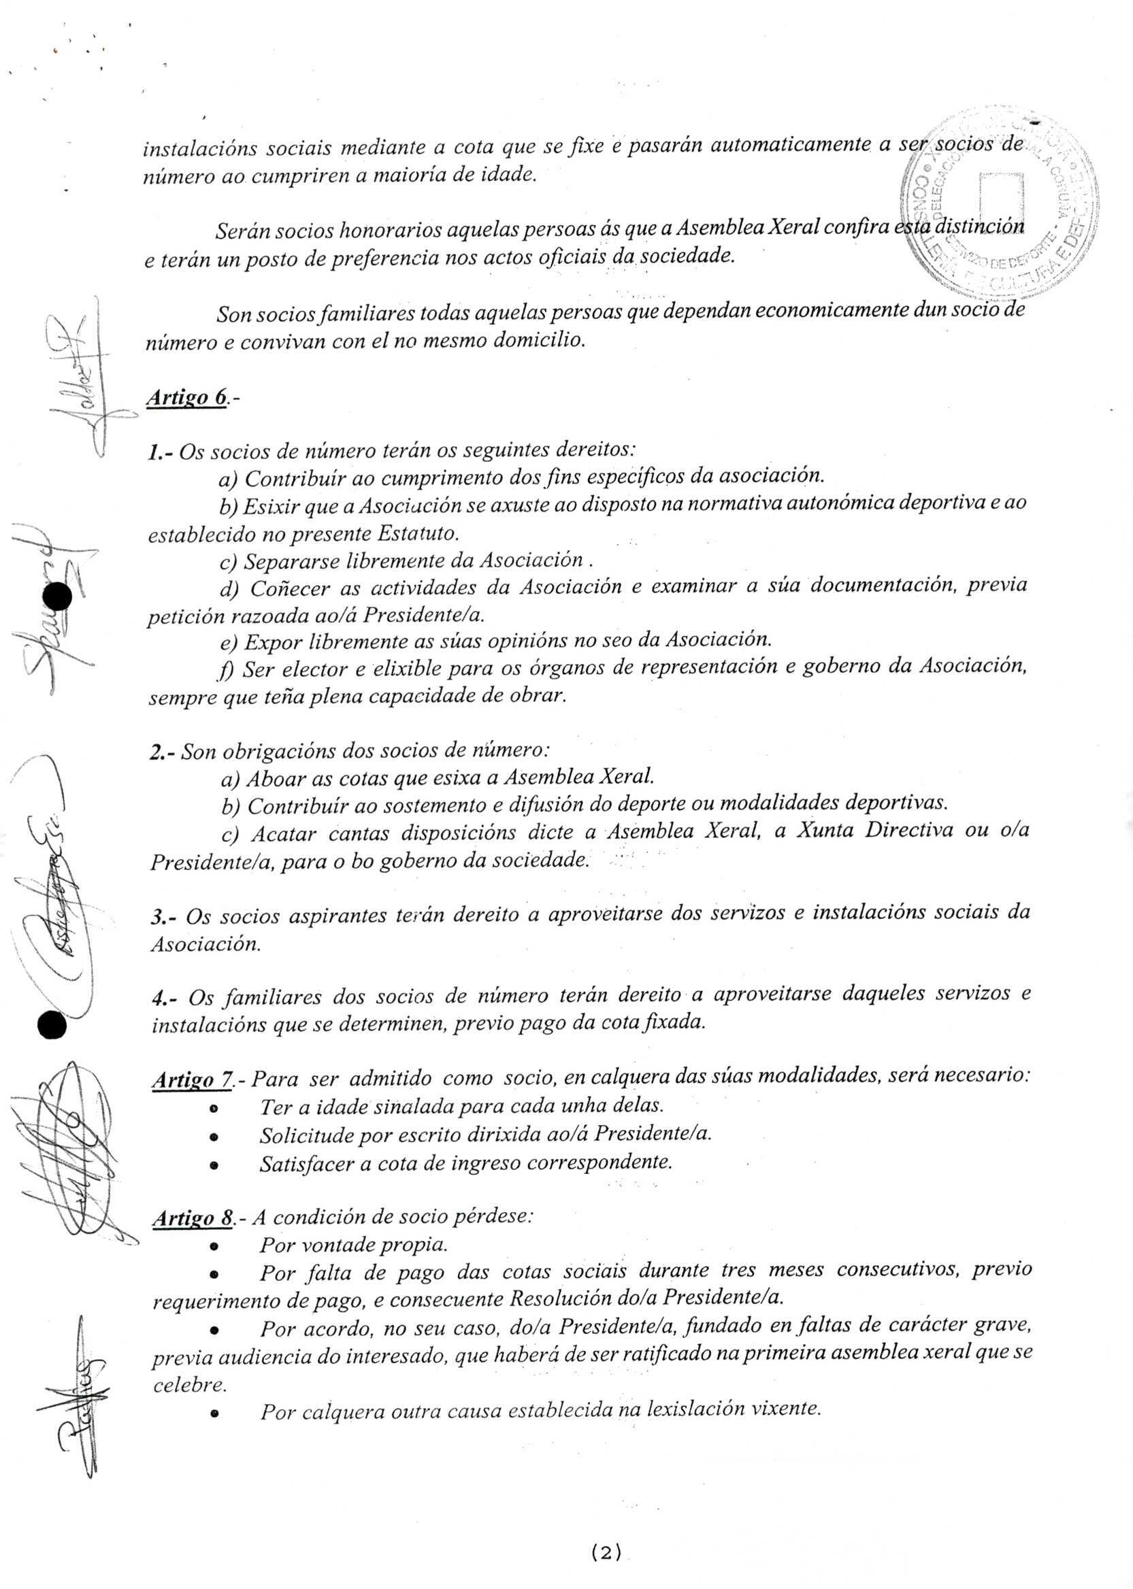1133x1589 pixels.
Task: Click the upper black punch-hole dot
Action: (x=61, y=598)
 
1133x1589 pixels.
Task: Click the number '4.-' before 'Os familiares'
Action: (x=165, y=998)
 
